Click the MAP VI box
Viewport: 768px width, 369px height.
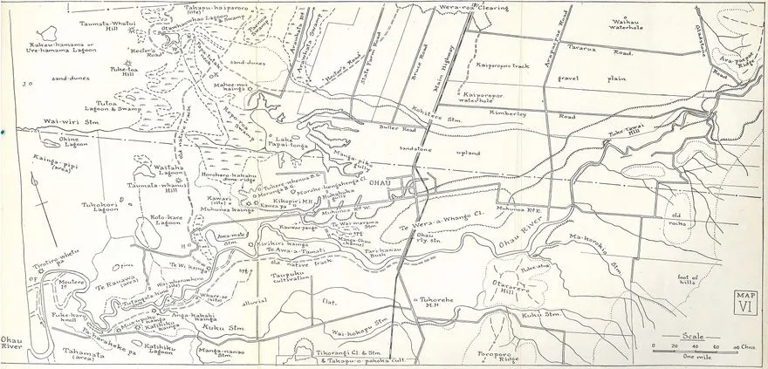(x=744, y=301)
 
